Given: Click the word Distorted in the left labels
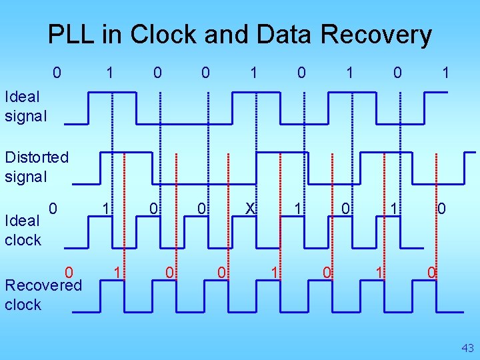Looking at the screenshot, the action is (36, 157).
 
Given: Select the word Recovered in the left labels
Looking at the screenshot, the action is (43, 285).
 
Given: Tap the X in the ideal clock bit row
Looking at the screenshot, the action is (250, 209).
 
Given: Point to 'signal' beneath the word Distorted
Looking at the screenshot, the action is (26, 177).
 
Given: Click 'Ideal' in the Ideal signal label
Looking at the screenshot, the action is (22, 97).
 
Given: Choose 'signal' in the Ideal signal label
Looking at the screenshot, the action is (26, 116).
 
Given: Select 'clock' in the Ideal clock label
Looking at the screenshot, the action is (23, 239).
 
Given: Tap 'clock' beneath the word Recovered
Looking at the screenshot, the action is (23, 305).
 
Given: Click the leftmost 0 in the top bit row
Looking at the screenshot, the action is (57, 72).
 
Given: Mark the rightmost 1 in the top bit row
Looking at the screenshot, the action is (446, 72).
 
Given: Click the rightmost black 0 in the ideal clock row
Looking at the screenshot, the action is (441, 209).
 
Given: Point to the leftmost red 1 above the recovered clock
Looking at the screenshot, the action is (117, 271).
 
